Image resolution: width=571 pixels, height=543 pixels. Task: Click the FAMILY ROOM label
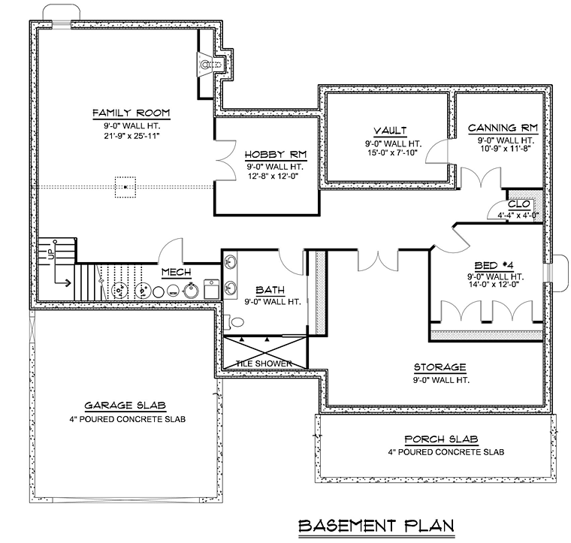(x=131, y=113)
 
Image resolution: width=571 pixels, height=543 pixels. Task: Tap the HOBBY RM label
(x=276, y=155)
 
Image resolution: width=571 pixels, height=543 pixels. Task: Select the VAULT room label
(x=390, y=131)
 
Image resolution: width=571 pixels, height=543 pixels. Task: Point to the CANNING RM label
(x=503, y=128)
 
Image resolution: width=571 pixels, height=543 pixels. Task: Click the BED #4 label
(x=494, y=266)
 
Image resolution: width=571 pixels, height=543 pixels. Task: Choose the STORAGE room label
(x=440, y=367)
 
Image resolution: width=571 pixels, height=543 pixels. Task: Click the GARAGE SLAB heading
(x=125, y=406)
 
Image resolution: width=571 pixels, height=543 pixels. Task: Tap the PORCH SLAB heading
(x=441, y=439)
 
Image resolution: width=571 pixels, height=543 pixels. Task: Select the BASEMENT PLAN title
(x=376, y=526)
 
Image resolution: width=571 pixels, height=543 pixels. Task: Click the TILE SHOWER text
(x=264, y=364)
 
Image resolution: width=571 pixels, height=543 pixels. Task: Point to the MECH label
(x=177, y=272)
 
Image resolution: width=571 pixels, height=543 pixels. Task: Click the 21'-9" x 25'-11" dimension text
(x=131, y=136)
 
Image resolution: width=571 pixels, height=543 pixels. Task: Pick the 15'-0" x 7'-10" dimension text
(x=392, y=153)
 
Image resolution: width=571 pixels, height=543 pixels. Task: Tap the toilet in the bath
(x=235, y=321)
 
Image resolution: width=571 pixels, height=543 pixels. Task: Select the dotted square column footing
(x=125, y=187)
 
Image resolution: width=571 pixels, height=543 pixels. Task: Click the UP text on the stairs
(x=51, y=253)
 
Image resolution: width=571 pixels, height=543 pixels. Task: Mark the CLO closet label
(x=519, y=204)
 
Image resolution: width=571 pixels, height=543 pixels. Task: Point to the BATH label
(x=270, y=290)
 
